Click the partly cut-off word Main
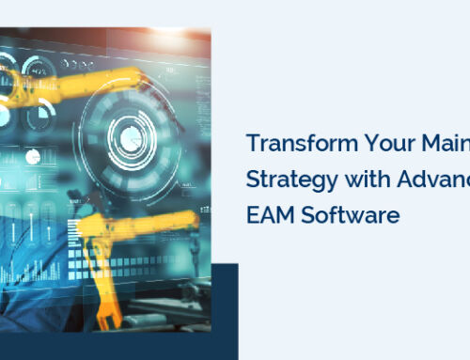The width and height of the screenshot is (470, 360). (x=442, y=146)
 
